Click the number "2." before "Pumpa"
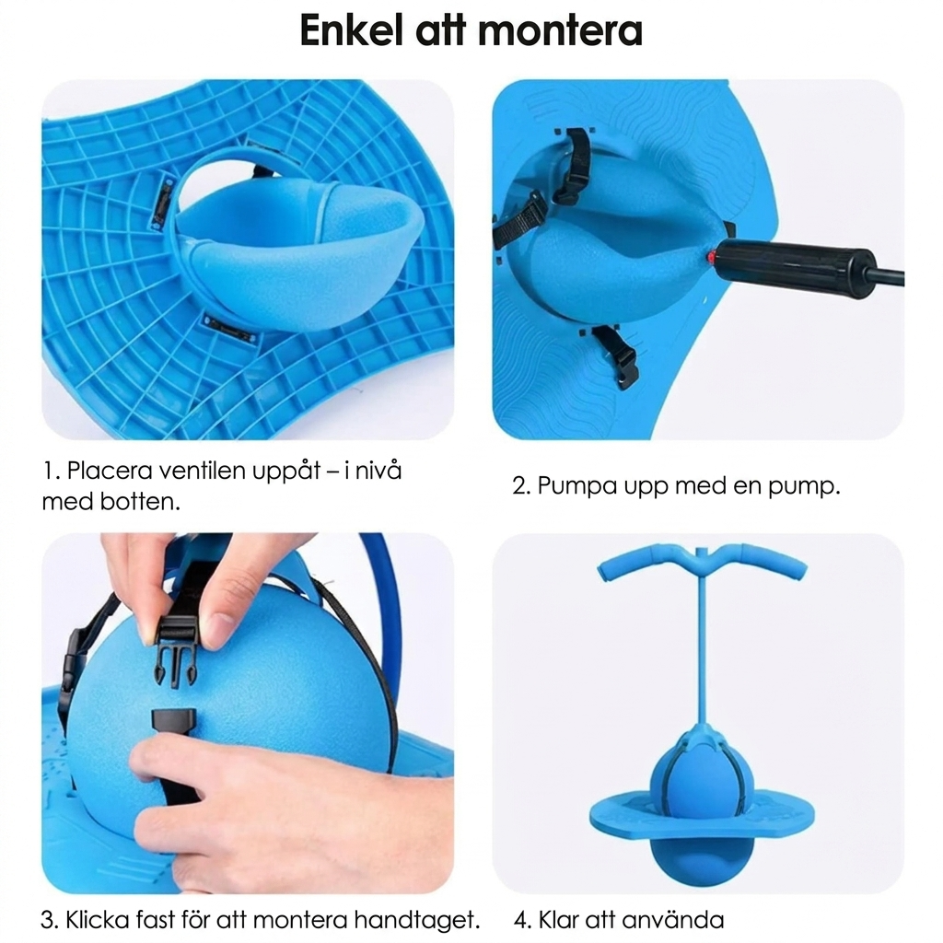pos(521,485)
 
